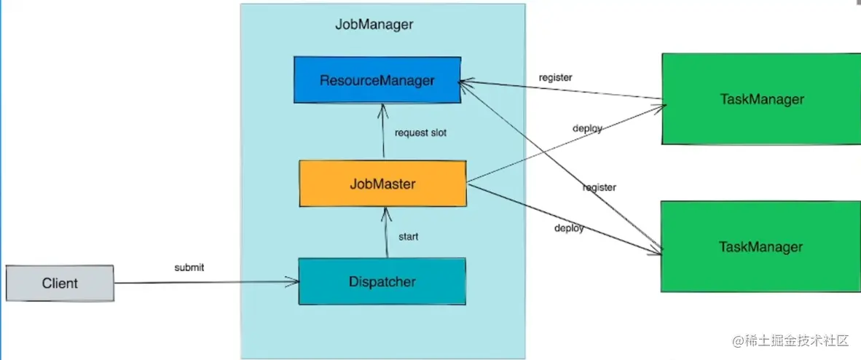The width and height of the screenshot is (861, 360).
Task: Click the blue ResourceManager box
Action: [x=377, y=79]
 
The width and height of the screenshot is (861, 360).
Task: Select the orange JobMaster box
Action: [x=382, y=184]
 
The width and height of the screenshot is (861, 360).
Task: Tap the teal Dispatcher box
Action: [x=382, y=281]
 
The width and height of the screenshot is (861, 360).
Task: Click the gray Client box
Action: [x=60, y=283]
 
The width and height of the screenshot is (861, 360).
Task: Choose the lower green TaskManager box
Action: [x=760, y=246]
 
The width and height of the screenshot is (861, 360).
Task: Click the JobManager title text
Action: [x=374, y=25]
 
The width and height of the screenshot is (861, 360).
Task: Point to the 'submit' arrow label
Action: [x=189, y=267]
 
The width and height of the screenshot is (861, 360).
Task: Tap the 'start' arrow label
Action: [x=408, y=237]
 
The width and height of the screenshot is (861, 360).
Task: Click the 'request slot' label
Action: [x=420, y=133]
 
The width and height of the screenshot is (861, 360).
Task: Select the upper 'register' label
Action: [x=556, y=77]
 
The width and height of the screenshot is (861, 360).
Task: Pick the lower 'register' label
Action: [x=599, y=187]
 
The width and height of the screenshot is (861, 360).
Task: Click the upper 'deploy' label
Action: [x=588, y=128]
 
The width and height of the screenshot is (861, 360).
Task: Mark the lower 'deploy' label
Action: [x=569, y=227]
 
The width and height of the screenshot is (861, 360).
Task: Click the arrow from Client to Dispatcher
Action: [x=206, y=283]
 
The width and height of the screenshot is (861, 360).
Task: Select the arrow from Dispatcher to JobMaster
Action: [x=386, y=232]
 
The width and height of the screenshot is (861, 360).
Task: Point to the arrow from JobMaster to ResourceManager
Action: [x=382, y=132]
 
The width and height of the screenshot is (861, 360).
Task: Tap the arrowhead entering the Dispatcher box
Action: [x=294, y=283]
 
